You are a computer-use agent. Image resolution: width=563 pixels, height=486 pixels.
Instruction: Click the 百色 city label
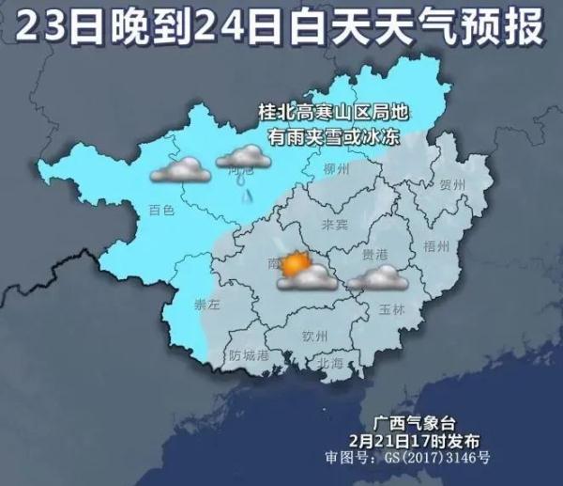[161, 211]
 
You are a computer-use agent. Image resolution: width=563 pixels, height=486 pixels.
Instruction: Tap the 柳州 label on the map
[335, 169]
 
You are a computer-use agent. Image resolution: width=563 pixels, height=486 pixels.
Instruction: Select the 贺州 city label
[452, 185]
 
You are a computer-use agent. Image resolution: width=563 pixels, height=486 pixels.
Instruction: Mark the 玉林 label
[392, 308]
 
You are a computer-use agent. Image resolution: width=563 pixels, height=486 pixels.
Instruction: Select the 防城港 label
[249, 356]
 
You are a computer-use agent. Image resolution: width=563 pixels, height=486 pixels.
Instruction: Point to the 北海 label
[330, 361]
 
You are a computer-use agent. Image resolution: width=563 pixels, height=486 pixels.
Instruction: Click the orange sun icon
[296, 263]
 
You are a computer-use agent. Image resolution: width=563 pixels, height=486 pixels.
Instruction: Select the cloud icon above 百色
[181, 171]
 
